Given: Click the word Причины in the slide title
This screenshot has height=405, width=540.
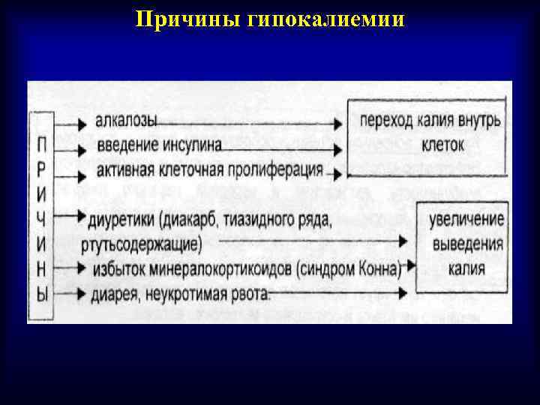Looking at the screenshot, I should pos(187,19).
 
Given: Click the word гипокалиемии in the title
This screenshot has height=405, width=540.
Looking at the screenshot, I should pos(325,19).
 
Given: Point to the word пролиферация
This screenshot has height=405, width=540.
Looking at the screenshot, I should pos(276,169).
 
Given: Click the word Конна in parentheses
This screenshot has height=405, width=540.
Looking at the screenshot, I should pos(378,268).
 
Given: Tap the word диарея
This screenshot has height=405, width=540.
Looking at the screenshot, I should pos(116,292).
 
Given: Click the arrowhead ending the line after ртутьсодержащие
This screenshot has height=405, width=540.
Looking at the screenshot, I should pos(403,243).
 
